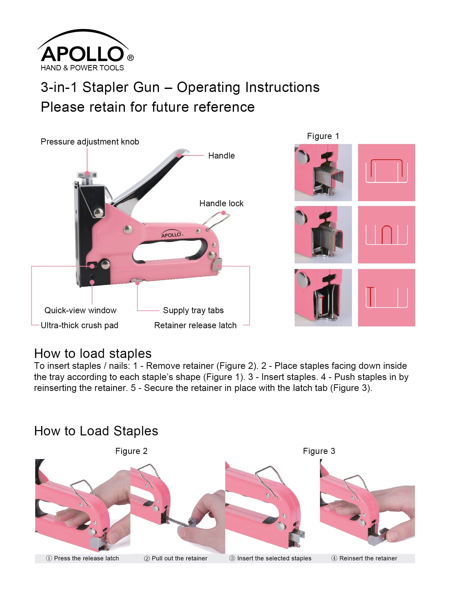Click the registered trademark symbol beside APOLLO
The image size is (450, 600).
point(130,58)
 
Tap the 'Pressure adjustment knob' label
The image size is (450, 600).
point(90,141)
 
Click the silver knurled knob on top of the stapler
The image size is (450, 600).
point(87,175)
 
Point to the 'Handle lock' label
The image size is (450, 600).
point(221,203)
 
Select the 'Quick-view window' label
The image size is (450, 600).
point(80,310)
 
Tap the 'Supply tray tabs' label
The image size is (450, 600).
point(193,310)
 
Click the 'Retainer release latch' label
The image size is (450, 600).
point(195,325)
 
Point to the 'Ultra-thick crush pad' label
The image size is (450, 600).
point(79,325)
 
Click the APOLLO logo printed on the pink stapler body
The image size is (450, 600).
point(172,235)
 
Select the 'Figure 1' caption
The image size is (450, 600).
point(323,136)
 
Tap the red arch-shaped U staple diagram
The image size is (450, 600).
point(387,234)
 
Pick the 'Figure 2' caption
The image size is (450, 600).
point(131,451)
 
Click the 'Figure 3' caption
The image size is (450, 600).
point(319,451)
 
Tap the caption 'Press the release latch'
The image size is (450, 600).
point(86,558)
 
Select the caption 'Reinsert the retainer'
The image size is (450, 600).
point(368,558)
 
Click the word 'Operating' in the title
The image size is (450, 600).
point(208,87)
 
